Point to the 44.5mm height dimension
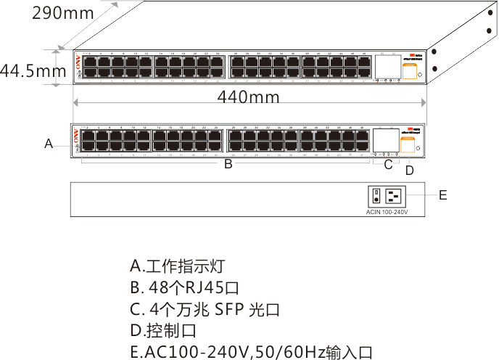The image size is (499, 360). (33, 71)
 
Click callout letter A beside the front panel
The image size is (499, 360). (49, 144)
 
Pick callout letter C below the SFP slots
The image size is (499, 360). (388, 165)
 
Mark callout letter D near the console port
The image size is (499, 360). (409, 171)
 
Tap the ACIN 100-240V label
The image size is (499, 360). (387, 212)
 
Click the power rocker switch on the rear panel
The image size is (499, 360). (376, 196)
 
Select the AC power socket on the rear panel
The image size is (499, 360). (395, 196)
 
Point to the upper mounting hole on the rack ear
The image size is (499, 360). (434, 52)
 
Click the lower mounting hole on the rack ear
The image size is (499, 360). (433, 69)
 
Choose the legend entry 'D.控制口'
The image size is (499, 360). (163, 331)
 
